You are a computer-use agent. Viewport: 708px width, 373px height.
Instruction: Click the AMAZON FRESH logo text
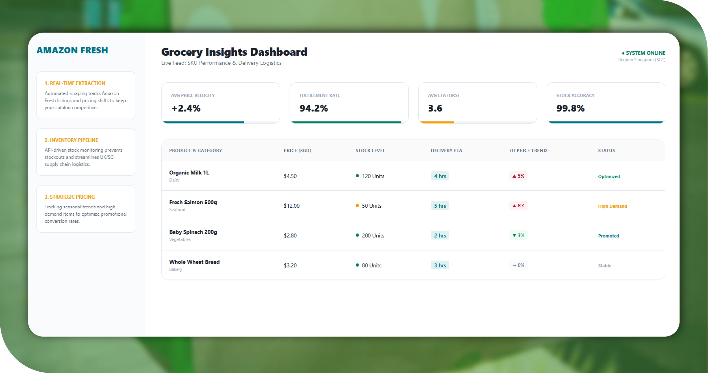coord(72,50)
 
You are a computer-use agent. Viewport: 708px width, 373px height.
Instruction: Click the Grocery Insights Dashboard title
coord(234,52)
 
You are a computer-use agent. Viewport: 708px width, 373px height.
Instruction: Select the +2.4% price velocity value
coord(186,108)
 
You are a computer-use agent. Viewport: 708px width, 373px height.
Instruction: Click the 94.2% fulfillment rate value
coord(314,108)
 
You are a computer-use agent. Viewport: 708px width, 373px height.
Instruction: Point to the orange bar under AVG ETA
coord(437,122)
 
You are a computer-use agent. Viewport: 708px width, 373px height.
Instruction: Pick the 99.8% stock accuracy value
coord(570,108)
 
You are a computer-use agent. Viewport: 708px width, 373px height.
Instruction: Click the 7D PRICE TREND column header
coord(528,150)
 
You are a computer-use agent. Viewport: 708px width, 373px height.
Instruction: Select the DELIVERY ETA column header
coord(446,150)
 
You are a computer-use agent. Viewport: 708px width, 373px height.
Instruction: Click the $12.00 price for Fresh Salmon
coord(292,206)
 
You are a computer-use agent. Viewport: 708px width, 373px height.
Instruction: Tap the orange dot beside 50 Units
coord(357,206)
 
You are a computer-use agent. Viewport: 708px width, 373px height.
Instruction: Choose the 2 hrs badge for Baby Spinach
coord(440,235)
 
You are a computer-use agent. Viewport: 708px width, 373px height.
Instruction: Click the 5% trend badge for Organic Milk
coord(518,176)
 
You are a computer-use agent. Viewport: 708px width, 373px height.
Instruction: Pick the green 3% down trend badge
coord(518,235)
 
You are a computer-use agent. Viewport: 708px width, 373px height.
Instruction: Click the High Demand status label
coord(612,206)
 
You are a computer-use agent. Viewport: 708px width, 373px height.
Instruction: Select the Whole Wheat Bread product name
coord(194,262)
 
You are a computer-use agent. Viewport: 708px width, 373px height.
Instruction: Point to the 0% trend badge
coord(518,265)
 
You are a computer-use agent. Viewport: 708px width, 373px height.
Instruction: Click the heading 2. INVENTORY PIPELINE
coord(71,140)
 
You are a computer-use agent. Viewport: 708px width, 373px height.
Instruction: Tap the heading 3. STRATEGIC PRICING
coord(70,197)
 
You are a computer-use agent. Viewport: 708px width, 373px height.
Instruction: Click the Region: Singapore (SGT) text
coord(641,60)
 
